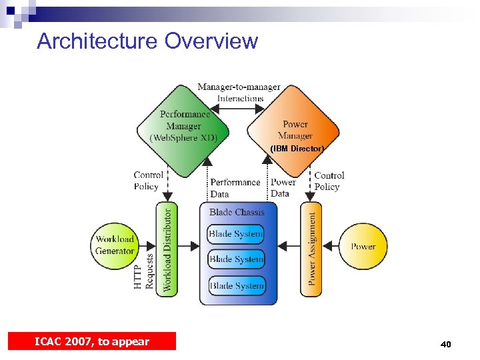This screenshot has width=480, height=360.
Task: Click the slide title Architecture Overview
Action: coord(147,41)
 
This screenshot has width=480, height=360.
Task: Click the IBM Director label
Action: coord(297,149)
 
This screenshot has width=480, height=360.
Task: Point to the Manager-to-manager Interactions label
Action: coord(239,93)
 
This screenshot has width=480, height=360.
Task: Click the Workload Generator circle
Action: coord(115,245)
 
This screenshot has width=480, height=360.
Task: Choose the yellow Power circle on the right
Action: coord(363,246)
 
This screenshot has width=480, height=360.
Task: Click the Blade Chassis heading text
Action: coord(237,212)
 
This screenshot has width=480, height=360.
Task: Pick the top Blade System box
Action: coord(237,234)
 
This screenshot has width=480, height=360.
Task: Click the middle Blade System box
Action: coord(237,259)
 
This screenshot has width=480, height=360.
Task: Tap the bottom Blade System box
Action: coord(237,286)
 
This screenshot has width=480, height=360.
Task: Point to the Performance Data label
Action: coord(235,188)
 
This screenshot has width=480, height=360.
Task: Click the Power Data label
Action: coord(283,187)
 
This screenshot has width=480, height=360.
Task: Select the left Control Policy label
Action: coord(148,181)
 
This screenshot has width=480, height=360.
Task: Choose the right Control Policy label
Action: coord(329,181)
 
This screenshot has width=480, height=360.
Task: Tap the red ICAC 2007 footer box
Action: coord(92,341)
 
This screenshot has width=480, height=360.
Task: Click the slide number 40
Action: coord(445,344)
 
